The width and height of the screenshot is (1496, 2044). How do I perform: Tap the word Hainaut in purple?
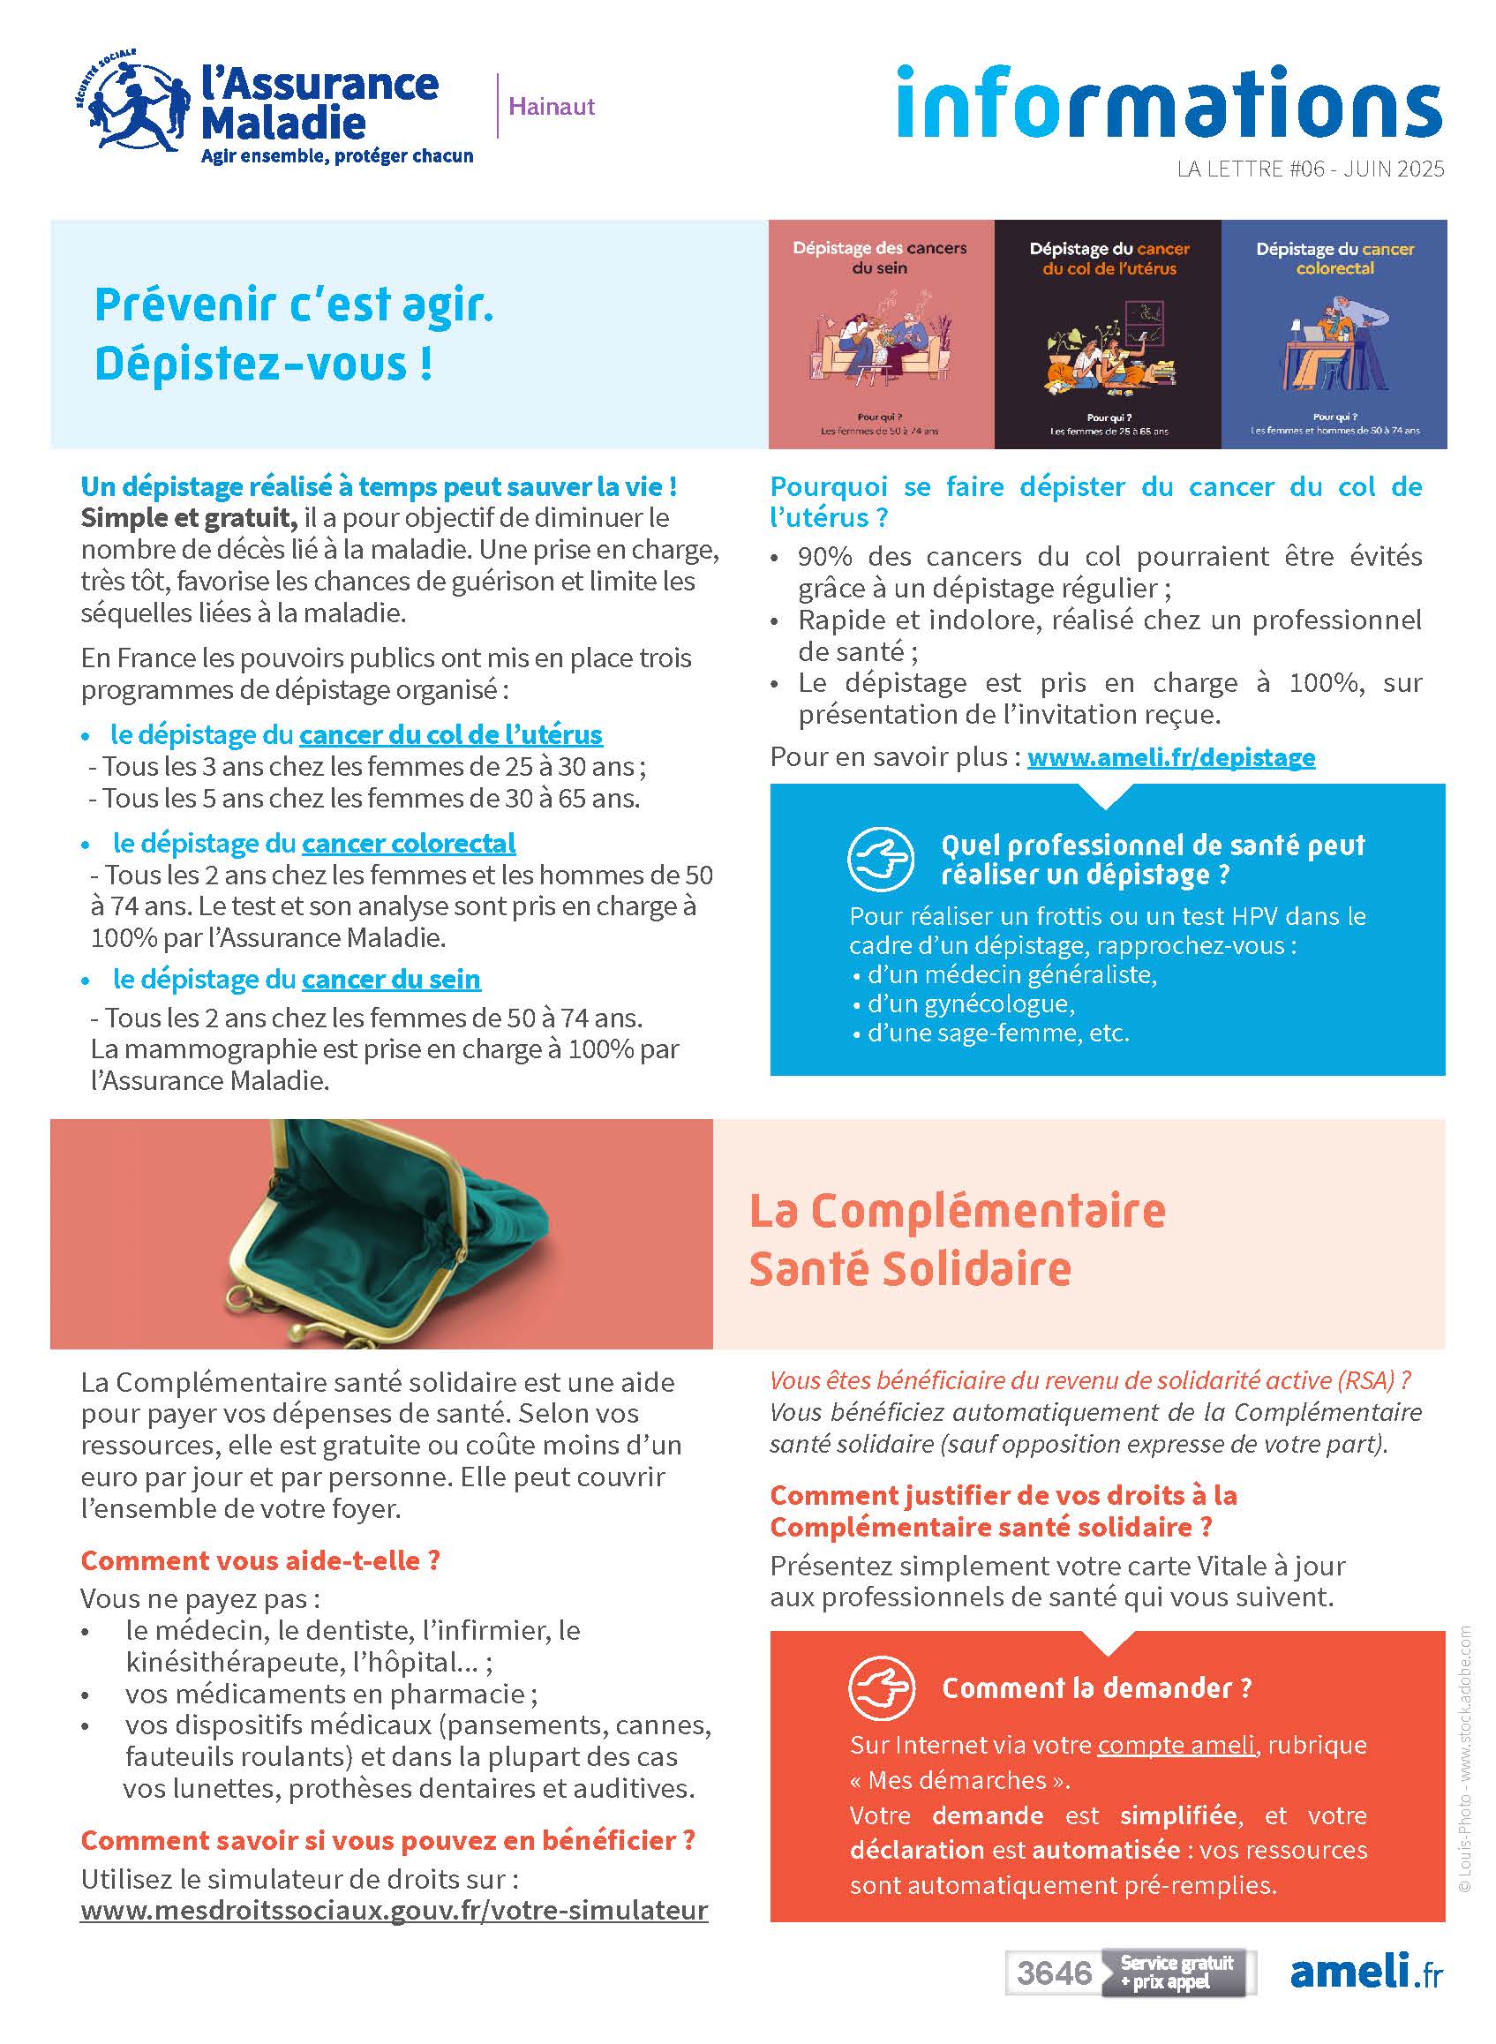[x=551, y=107]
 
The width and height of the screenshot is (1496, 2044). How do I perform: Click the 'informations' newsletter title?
[x=1169, y=101]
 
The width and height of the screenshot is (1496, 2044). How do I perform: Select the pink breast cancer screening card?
[x=880, y=334]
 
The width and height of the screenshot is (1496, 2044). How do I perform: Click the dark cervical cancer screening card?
[x=1108, y=334]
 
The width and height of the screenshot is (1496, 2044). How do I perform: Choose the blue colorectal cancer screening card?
[x=1334, y=334]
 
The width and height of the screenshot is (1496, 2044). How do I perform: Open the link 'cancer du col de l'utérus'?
[x=451, y=734]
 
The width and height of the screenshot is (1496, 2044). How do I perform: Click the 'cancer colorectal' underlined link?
[x=409, y=843]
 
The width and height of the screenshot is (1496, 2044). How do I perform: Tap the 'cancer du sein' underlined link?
[x=391, y=979]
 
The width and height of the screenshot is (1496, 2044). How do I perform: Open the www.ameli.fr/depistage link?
[x=1171, y=757]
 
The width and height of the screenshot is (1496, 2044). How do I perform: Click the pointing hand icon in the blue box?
[x=881, y=860]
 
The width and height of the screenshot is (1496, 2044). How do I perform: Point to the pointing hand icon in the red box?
[x=881, y=1688]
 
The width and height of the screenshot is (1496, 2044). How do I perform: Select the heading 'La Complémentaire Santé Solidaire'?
[x=956, y=1239]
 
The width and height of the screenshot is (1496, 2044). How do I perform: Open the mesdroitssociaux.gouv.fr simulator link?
[x=394, y=1910]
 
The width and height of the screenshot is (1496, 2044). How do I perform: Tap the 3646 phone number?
[x=1054, y=1973]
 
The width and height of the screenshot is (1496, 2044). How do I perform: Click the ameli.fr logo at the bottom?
[x=1365, y=1972]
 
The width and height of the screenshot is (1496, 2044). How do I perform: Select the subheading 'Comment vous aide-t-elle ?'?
[x=259, y=1560]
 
